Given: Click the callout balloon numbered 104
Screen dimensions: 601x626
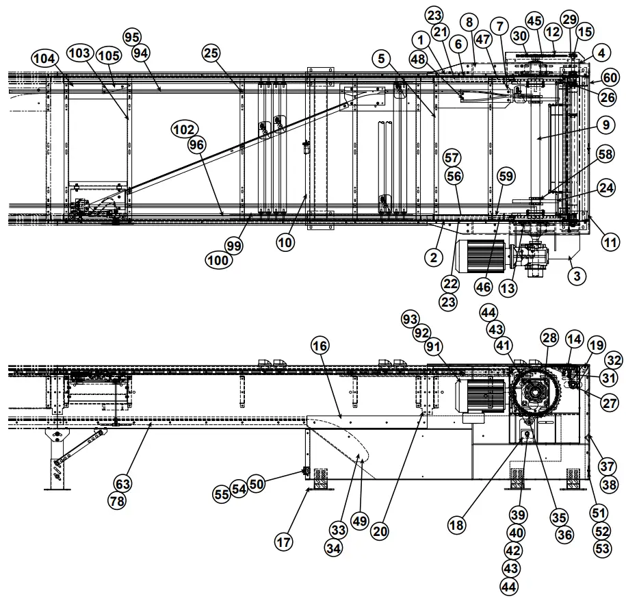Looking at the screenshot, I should [x=44, y=59].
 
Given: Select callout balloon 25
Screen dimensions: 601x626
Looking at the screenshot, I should [x=211, y=52].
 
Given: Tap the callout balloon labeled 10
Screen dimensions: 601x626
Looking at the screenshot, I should [x=286, y=241].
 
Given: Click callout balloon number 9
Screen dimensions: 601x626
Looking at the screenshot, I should [x=604, y=125].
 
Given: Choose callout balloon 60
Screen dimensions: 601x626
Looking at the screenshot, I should [x=610, y=78].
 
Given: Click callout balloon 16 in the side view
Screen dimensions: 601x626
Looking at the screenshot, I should [x=320, y=346].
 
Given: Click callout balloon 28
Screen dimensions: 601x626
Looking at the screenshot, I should [x=549, y=337].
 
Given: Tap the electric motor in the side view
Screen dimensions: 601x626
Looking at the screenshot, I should [x=480, y=395].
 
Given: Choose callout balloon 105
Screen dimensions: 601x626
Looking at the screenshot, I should [x=106, y=55].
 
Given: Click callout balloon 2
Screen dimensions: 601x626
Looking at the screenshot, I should [x=433, y=257].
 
